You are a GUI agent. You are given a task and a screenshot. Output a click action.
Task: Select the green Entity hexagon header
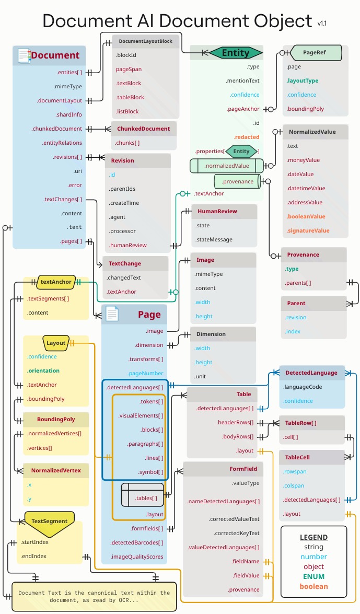pyautogui.click(x=236, y=53)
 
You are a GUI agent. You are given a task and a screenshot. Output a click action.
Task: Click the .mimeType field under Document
pyautogui.click(x=68, y=87)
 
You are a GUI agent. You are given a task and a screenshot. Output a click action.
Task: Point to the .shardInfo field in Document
pyautogui.click(x=69, y=114)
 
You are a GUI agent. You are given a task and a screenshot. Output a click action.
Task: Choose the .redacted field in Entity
pyautogui.click(x=247, y=137)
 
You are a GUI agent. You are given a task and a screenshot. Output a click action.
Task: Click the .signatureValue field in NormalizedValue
pyautogui.click(x=308, y=230)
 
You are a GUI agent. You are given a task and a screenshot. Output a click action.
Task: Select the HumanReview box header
pyautogui.click(x=217, y=211)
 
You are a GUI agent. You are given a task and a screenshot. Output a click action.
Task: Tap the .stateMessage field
pyautogui.click(x=213, y=239)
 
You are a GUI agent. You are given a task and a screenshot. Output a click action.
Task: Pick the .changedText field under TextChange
pyautogui.click(x=124, y=277)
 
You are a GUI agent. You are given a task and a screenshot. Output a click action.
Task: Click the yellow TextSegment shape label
pyautogui.click(x=49, y=521)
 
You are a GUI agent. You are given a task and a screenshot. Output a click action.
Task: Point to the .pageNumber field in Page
pyautogui.click(x=145, y=373)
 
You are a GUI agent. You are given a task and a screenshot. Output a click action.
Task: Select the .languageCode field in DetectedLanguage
pyautogui.click(x=303, y=387)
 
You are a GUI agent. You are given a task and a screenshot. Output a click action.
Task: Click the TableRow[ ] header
pyautogui.click(x=300, y=423)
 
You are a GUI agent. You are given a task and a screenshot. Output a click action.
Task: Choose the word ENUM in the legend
pyautogui.click(x=313, y=576)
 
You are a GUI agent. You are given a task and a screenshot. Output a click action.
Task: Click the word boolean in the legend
pyautogui.click(x=313, y=586)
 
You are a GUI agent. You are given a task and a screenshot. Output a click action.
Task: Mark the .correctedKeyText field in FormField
pyautogui.click(x=237, y=533)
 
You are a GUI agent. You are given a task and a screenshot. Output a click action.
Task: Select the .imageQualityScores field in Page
pyautogui.click(x=137, y=557)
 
